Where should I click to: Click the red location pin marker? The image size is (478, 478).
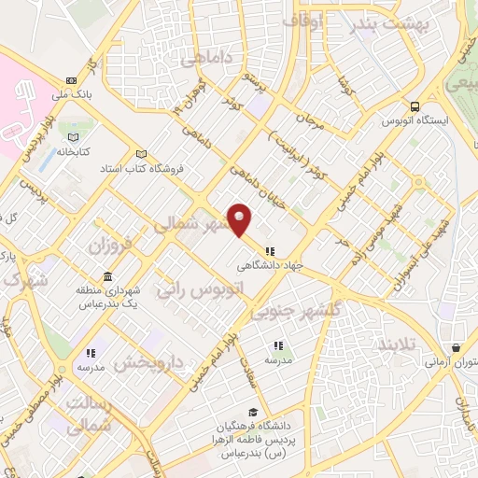240,218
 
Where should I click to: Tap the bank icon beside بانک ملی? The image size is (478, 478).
72,80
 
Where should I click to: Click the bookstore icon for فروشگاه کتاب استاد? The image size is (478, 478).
141,154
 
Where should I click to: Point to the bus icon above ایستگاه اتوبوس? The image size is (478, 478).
415,106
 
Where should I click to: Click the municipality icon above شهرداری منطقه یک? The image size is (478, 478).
108,277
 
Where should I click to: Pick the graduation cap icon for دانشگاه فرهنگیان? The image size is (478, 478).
252,413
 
